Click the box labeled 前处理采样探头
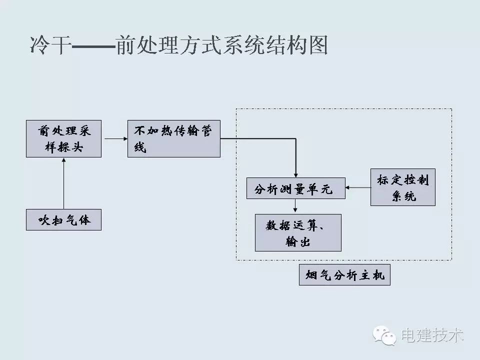[63, 138]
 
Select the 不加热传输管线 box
[173, 138]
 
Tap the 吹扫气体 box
[63, 219]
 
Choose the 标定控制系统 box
[402, 187]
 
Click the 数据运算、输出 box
[298, 232]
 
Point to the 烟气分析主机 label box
[344, 275]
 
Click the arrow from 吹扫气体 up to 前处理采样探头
[63, 183]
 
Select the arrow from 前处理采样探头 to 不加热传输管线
[114, 138]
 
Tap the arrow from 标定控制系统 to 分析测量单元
[358, 188]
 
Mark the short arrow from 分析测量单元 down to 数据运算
[295, 206]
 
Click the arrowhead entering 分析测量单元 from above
[295, 173]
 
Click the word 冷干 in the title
[49, 45]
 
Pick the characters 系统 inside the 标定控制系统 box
[403, 195]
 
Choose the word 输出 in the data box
[298, 241]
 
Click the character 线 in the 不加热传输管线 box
[140, 147]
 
